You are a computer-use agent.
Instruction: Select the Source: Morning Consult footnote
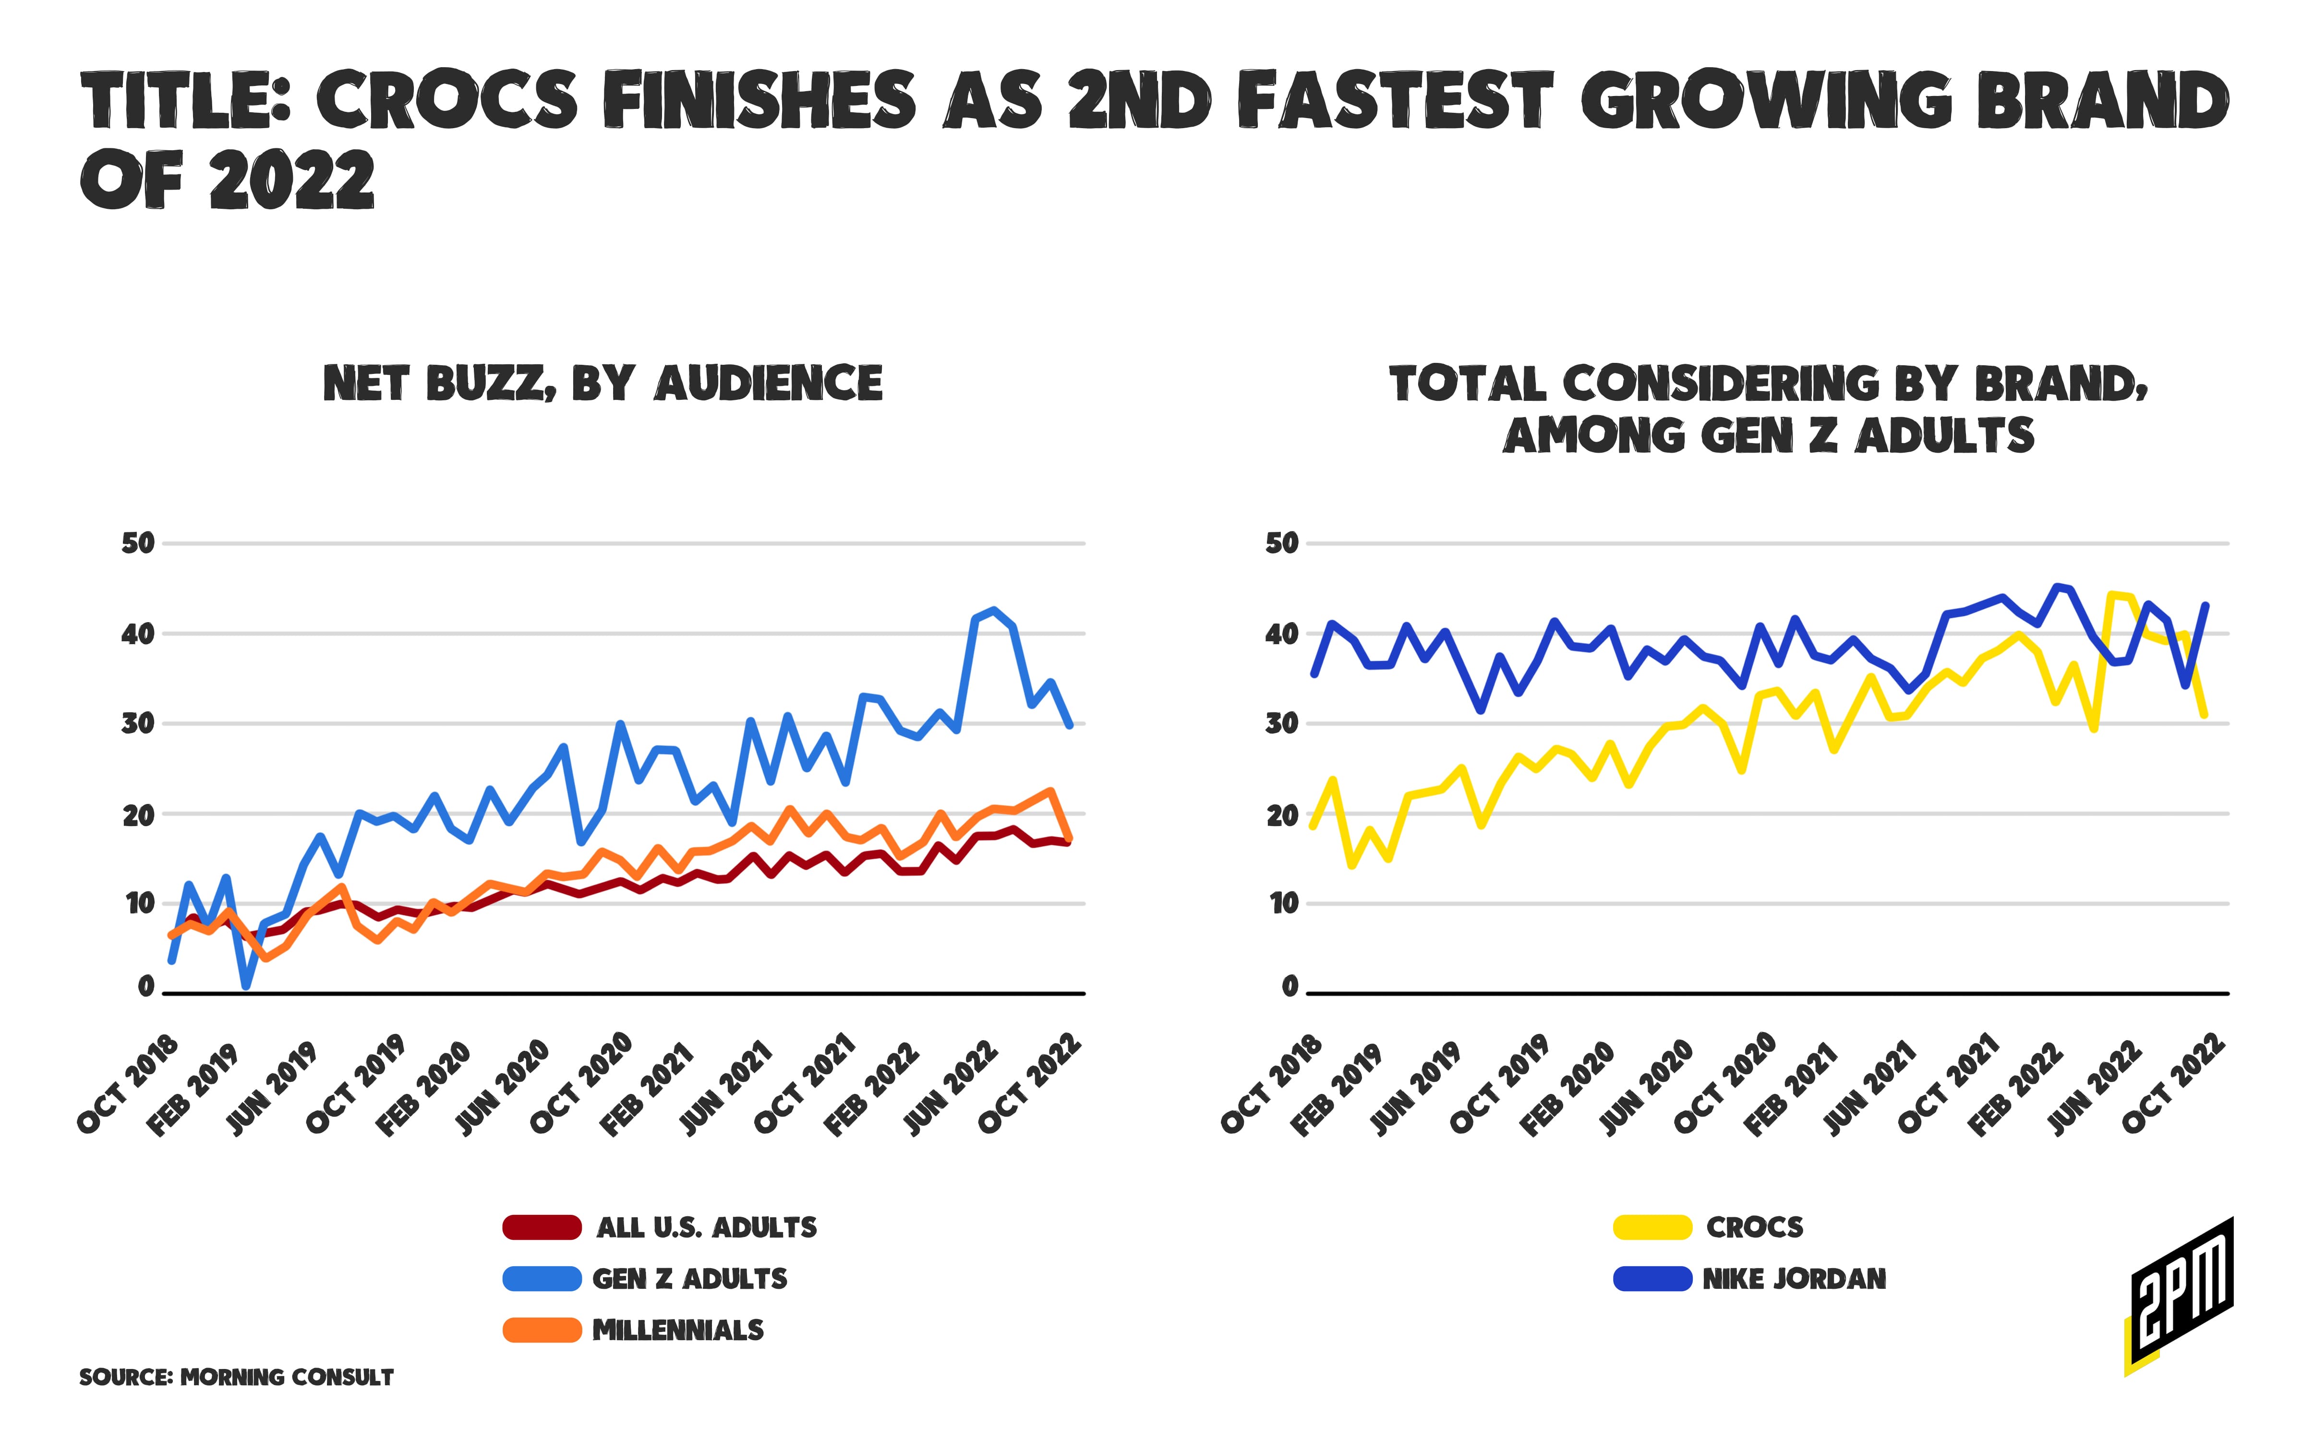236,1377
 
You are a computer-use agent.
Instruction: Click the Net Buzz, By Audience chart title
603,384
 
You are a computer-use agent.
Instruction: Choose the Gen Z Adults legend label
689,1279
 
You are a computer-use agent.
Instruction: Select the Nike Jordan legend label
1795,1279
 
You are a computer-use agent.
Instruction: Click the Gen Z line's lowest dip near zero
246,986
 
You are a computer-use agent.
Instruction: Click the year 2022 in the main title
291,181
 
